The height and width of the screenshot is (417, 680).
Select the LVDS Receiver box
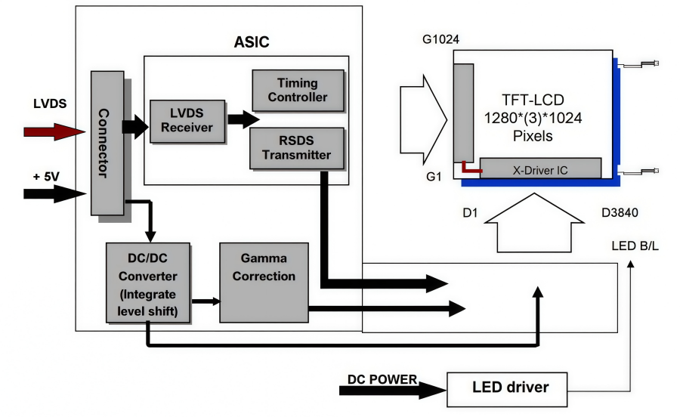coord(186,120)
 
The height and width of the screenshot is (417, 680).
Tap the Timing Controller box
coord(297,90)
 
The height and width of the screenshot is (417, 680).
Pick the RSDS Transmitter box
coord(297,147)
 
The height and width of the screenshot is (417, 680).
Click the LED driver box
coord(510,388)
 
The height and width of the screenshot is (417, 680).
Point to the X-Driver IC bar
coord(540,168)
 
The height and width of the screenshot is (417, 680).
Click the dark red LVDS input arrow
coord(54,131)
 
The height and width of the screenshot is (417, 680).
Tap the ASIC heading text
coord(251,42)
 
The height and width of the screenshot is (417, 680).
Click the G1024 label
coord(441,39)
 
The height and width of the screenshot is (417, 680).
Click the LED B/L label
coord(635,247)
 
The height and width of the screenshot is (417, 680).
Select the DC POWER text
coord(382,378)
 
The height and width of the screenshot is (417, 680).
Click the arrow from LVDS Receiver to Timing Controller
coord(242,119)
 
